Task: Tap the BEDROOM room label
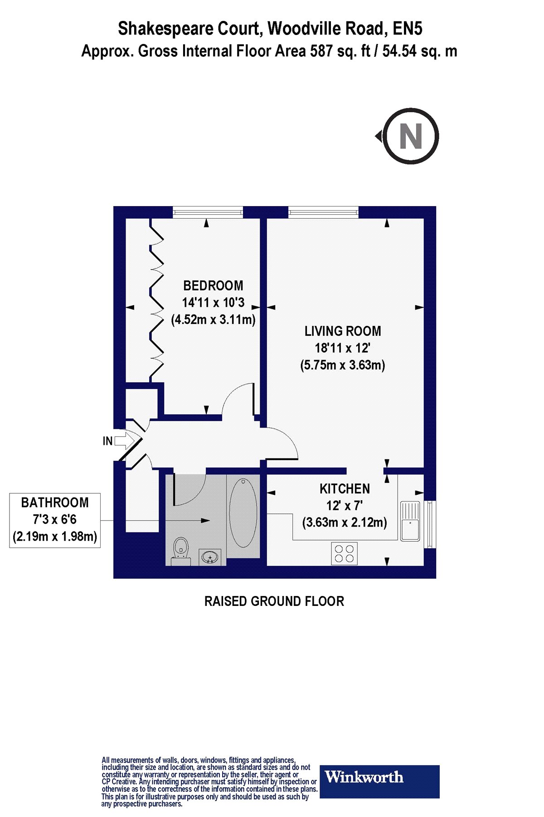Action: click(x=213, y=285)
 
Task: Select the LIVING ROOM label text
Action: click(x=343, y=331)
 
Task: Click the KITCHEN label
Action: click(x=345, y=489)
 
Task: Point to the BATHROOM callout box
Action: click(x=55, y=520)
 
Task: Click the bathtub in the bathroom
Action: click(x=243, y=512)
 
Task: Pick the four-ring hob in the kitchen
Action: click(x=345, y=553)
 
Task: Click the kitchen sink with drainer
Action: click(x=410, y=521)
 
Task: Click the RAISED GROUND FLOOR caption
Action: click(x=274, y=601)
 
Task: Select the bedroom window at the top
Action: click(x=208, y=212)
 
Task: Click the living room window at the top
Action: click(x=323, y=212)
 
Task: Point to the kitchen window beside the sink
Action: click(x=430, y=524)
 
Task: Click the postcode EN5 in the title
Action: click(x=408, y=29)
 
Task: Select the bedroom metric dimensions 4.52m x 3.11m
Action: click(x=213, y=320)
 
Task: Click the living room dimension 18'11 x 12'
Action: click(x=343, y=348)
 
